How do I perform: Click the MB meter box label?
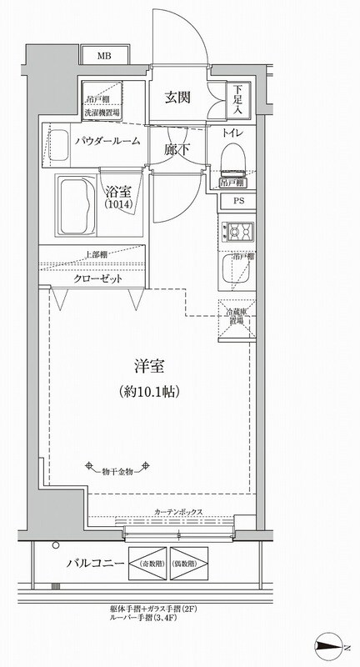[104, 57]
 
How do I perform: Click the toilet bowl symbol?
[233, 158]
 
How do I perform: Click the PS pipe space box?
[238, 200]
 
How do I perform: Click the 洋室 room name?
[149, 364]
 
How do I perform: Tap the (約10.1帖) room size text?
[149, 390]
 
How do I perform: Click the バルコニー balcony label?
[95, 564]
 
